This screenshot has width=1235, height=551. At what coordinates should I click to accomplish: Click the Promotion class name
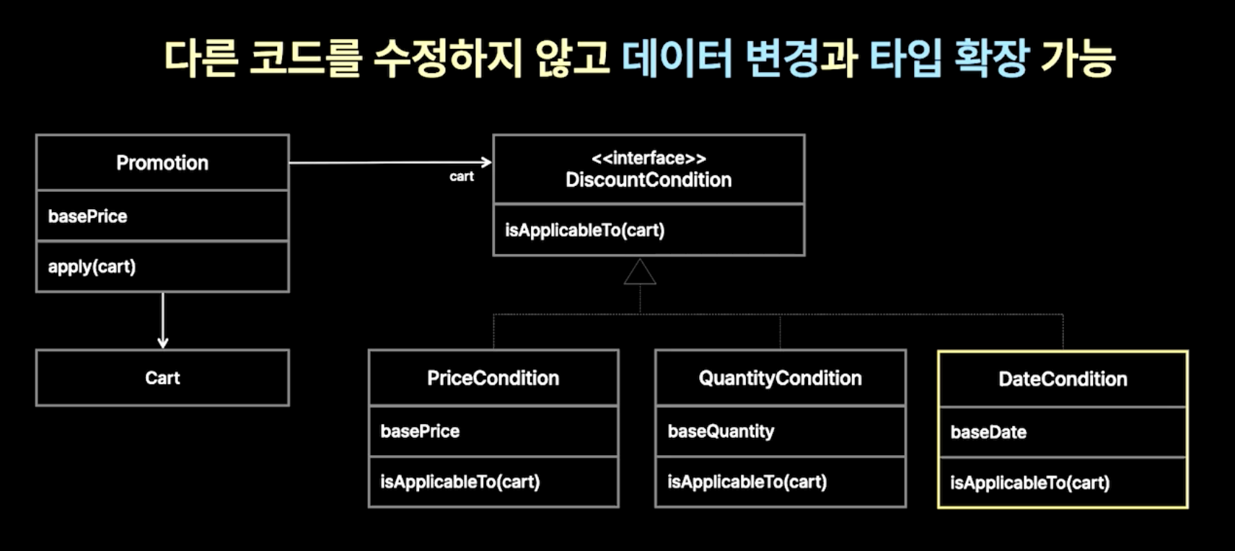tap(162, 163)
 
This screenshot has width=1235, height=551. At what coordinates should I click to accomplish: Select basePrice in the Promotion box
tap(88, 216)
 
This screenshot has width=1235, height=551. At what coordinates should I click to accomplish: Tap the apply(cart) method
tap(92, 267)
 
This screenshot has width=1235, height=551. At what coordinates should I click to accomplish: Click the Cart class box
tap(162, 378)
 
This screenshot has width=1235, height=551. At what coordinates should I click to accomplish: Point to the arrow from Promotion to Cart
tap(162, 320)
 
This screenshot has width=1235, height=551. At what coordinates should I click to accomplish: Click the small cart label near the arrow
tap(462, 177)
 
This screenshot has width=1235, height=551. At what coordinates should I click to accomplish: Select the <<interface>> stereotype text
tap(649, 159)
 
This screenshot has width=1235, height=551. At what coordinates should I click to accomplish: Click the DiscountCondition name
tap(649, 180)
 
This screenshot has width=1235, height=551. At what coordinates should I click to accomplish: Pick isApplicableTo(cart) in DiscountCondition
tap(585, 230)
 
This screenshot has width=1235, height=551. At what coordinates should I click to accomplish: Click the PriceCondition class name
tap(493, 379)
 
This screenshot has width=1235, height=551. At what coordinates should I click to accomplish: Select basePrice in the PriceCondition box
tap(420, 431)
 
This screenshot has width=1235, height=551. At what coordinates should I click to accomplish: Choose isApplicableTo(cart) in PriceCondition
tap(460, 482)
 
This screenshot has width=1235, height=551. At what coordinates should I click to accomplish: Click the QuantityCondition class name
tap(780, 379)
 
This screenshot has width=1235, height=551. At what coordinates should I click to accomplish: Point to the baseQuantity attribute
tap(721, 431)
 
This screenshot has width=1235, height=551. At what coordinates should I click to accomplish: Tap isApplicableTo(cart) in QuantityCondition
tap(747, 482)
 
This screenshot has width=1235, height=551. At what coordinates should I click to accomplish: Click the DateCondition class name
tap(1063, 379)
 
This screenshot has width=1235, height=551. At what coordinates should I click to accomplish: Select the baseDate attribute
tap(988, 433)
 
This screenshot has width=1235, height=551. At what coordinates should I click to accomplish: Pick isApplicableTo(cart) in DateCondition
tap(1030, 483)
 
